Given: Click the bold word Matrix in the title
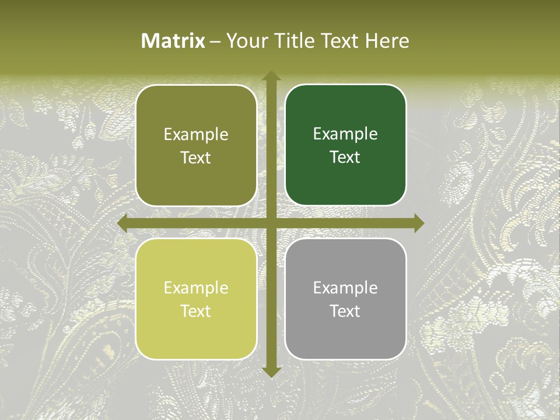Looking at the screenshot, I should (x=173, y=41).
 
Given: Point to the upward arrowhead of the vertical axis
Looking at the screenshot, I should (x=271, y=76).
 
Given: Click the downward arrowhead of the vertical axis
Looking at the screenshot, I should (x=271, y=372).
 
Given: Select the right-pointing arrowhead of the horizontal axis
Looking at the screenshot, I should (x=418, y=223).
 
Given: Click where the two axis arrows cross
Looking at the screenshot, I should (x=271, y=223).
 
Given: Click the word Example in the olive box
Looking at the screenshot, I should (x=196, y=135).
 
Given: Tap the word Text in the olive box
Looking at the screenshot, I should (x=196, y=157).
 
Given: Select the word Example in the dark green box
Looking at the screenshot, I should (x=345, y=134).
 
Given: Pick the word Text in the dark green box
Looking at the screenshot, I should (x=345, y=157).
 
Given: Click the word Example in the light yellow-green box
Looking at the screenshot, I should (x=196, y=288).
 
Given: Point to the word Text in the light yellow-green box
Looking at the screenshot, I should (x=196, y=311).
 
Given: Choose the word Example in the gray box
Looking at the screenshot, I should (x=345, y=288).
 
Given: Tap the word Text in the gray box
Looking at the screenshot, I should (x=345, y=311).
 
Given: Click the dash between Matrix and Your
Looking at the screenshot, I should (x=215, y=41).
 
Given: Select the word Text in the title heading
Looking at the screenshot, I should (x=339, y=41).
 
